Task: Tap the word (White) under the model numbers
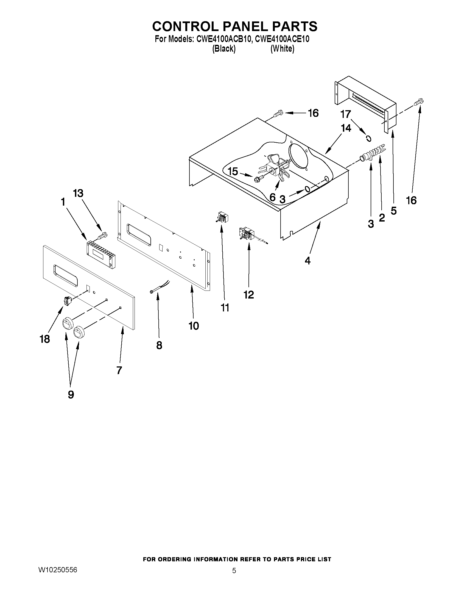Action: point(282,49)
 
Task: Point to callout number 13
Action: point(78,193)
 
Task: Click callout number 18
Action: point(45,339)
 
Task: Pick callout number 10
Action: point(194,326)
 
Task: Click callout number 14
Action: point(346,128)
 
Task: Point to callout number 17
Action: point(346,114)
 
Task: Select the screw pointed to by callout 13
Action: point(103,235)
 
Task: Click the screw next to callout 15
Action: point(258,179)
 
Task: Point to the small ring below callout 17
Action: point(368,138)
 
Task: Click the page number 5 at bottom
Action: point(234,571)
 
